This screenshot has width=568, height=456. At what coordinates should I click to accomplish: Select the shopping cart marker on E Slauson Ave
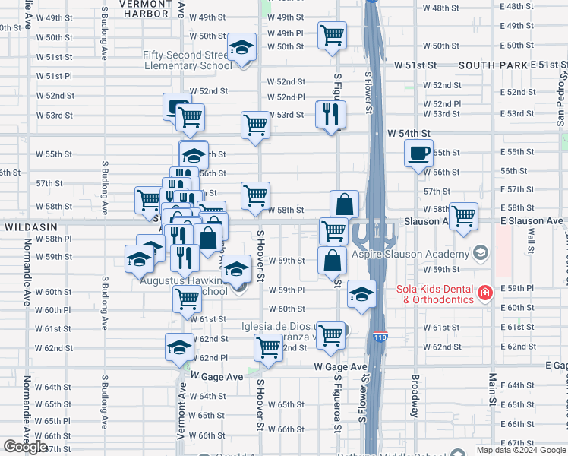tap(463, 215)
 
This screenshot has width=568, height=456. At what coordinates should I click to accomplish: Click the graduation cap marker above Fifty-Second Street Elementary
tap(241, 49)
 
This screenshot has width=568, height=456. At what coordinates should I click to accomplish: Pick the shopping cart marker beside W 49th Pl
tap(332, 35)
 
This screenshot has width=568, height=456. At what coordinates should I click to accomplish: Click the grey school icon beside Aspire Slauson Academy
tap(479, 252)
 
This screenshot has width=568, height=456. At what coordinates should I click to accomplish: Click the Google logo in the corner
tap(25, 447)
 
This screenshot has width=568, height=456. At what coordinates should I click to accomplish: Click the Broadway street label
tap(415, 396)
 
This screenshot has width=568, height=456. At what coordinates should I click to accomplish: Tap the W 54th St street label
tap(409, 133)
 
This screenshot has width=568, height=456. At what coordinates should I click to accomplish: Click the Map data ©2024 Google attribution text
tap(521, 450)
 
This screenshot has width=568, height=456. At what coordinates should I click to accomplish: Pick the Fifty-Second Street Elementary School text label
tap(188, 60)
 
